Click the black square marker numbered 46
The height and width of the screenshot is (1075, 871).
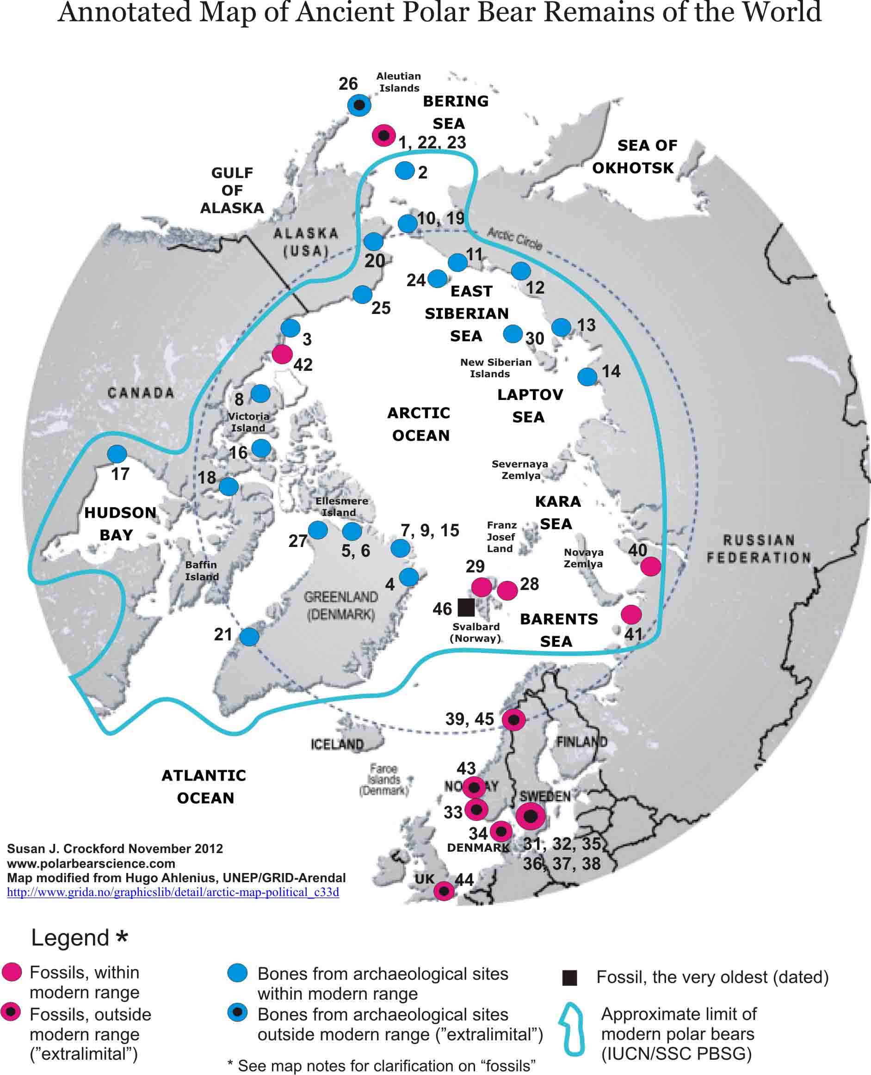tap(466, 607)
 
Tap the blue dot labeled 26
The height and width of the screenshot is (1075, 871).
tap(359, 105)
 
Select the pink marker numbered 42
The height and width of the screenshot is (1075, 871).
tap(282, 354)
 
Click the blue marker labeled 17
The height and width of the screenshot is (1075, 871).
tap(117, 454)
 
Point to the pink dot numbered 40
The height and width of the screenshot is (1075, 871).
tap(651, 566)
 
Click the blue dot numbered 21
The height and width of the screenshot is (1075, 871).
tap(249, 637)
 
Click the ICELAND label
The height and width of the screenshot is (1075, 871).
tap(337, 744)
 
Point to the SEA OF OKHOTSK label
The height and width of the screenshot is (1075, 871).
tap(634, 156)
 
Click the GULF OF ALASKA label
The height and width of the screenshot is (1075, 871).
tap(232, 190)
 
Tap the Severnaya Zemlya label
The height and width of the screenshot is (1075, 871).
tap(520, 469)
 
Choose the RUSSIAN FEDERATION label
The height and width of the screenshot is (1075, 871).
tap(759, 548)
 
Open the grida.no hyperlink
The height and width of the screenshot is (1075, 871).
tap(173, 892)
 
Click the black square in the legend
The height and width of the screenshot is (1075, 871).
tap(569, 978)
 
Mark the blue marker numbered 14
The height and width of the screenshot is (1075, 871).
tap(587, 376)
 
